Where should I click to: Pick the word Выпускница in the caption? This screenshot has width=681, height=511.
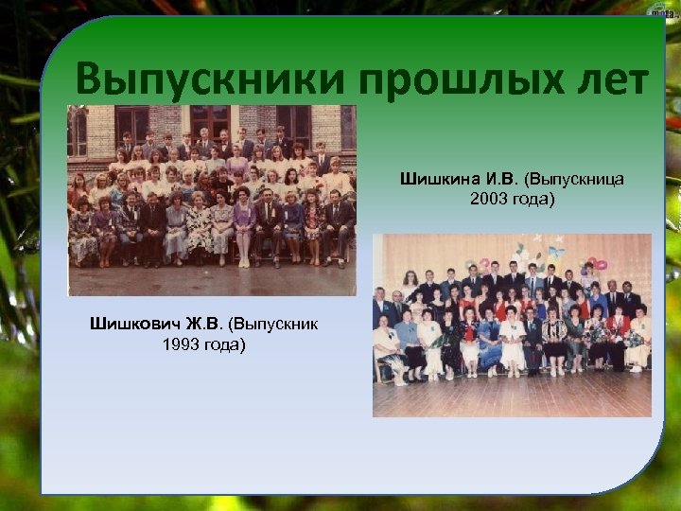573,178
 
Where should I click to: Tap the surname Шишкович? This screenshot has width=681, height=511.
133,324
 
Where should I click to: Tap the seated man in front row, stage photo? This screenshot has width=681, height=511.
533,341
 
